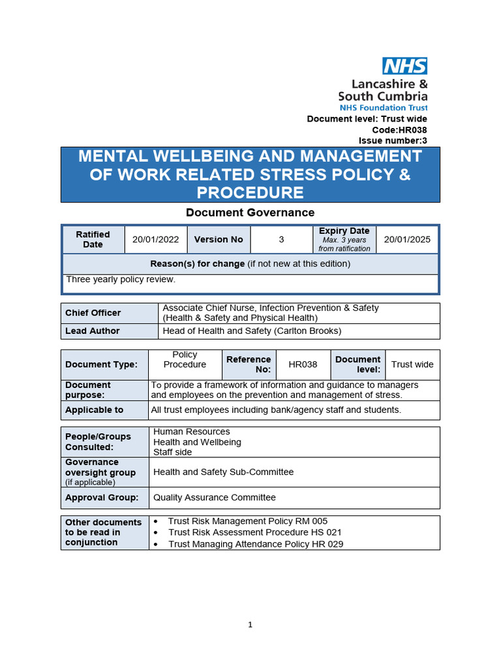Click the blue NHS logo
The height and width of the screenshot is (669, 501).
coord(404,65)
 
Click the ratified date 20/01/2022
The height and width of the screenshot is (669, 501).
coord(155,240)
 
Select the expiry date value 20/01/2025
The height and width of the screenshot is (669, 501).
coord(407,240)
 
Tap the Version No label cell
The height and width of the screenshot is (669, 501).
coord(219,240)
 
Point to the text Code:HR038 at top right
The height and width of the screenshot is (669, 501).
coord(399,130)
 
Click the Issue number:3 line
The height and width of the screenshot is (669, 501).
coord(393,140)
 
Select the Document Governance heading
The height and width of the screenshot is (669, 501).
coord(250,212)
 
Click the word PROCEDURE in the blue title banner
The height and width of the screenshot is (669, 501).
coord(250,193)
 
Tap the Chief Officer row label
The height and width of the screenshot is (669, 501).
coord(93,313)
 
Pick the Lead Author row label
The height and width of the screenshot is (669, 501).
coord(92,331)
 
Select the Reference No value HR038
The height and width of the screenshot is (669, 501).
coord(303,365)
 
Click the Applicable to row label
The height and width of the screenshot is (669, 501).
coord(94,410)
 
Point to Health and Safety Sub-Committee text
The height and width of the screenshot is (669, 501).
coord(223,472)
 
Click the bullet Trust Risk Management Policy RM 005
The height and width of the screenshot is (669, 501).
coord(247,521)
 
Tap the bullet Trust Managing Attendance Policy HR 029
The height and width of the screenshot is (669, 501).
coord(255,544)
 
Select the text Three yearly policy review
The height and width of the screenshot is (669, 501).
coord(121,280)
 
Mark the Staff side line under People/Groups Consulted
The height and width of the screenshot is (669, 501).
coord(172,452)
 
